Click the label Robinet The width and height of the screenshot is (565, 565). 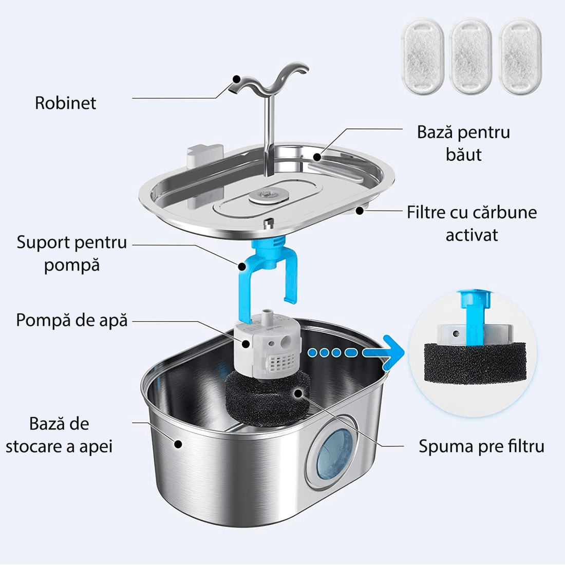[65, 103]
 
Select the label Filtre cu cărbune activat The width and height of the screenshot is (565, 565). [472, 223]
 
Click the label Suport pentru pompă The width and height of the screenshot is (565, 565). [71, 253]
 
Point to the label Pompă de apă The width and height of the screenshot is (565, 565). [71, 320]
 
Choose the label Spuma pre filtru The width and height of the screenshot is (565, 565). [481, 446]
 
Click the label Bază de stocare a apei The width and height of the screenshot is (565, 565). [59, 435]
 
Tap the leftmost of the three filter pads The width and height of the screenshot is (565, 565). [421, 56]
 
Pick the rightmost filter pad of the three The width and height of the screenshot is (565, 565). [520, 56]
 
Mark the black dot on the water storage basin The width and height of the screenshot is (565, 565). [178, 443]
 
